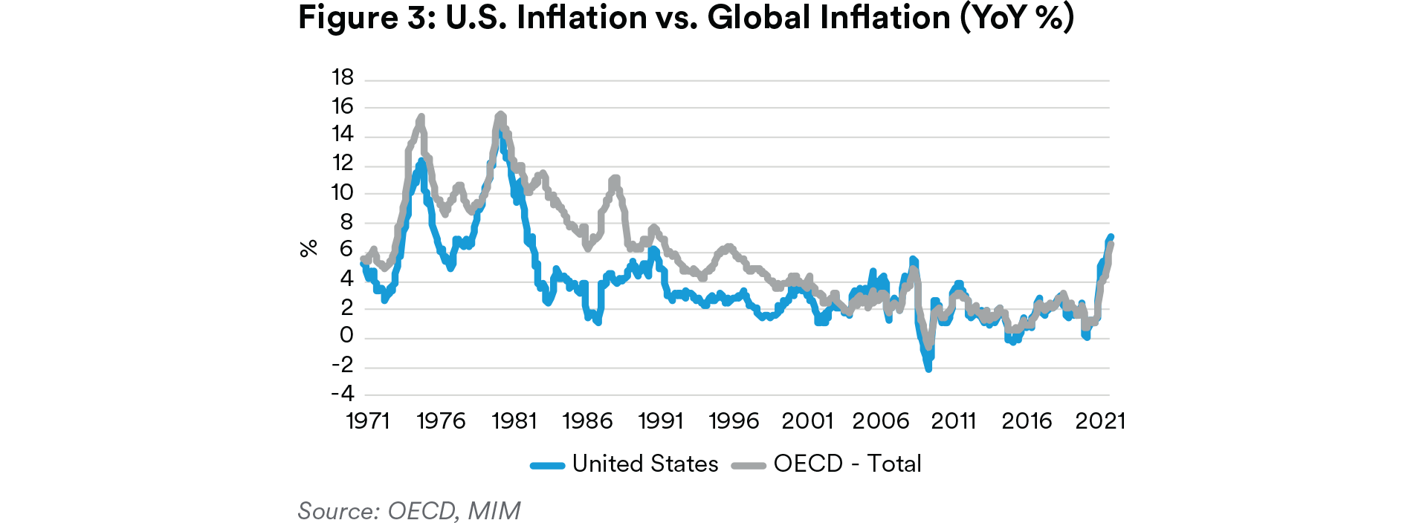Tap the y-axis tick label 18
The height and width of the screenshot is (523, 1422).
click(x=343, y=77)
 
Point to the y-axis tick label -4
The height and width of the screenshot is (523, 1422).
click(x=343, y=393)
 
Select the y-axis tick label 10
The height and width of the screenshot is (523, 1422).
click(x=343, y=192)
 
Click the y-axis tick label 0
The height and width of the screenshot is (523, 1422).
click(x=346, y=336)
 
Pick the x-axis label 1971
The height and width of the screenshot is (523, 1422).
click(x=368, y=421)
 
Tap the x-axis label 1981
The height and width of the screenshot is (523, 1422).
click(x=514, y=421)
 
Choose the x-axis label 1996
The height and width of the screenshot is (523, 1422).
click(x=734, y=421)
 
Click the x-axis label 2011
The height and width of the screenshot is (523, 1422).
click(x=954, y=421)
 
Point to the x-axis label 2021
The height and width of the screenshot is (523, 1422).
click(x=1100, y=421)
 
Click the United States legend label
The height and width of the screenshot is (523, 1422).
click(x=645, y=464)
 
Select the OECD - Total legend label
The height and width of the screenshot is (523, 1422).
click(x=847, y=464)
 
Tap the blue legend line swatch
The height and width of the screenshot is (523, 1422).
click(x=548, y=466)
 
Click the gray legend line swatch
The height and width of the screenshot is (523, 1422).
click(x=749, y=466)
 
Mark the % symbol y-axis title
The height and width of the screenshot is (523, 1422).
click(x=308, y=248)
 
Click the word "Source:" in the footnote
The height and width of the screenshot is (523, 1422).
click(x=339, y=511)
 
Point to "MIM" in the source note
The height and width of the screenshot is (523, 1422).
click(x=494, y=511)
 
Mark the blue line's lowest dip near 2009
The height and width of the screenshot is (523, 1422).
click(x=928, y=368)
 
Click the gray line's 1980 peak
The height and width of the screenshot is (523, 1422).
click(x=500, y=114)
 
